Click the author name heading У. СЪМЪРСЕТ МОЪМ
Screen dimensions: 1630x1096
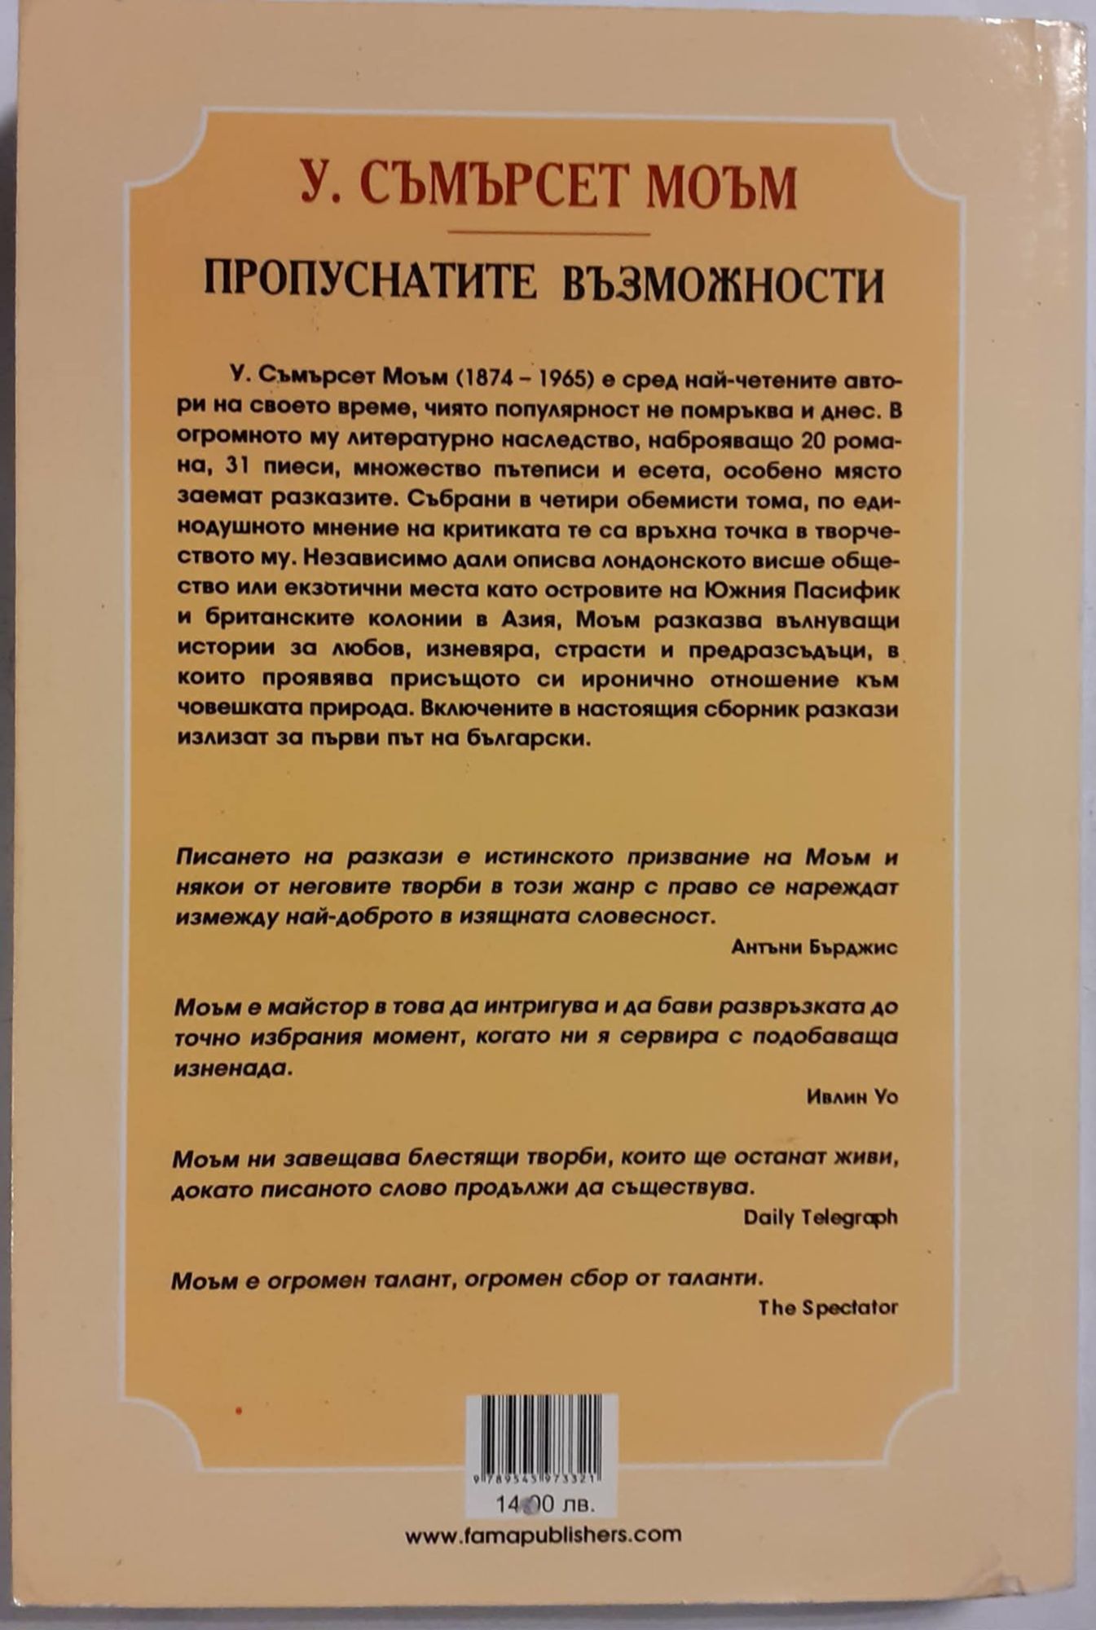[548, 187]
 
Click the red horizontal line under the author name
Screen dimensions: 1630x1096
[548, 234]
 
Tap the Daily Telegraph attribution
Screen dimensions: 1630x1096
[820, 1217]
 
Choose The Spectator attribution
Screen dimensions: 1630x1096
[827, 1307]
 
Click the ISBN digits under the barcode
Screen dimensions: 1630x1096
[541, 1478]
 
